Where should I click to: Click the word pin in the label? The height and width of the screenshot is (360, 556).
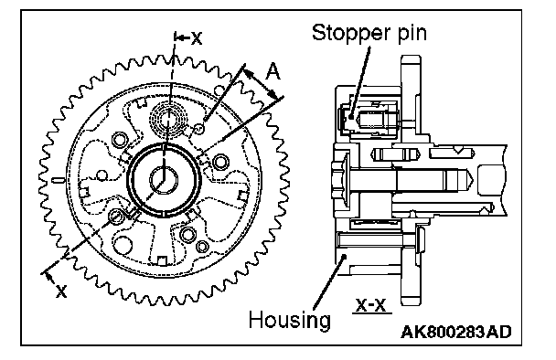tap(412, 33)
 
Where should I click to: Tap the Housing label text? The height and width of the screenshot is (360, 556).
tap(289, 320)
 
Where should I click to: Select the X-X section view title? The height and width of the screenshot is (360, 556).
tap(370, 305)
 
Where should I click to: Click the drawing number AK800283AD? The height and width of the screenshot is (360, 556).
tap(456, 332)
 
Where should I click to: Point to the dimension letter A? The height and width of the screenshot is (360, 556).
tap(273, 71)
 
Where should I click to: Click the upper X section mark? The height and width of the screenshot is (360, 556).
tap(197, 37)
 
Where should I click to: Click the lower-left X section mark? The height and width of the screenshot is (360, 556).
tap(61, 291)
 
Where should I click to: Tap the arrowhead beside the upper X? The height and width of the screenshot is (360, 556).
tap(181, 37)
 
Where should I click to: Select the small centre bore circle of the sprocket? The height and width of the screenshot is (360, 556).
tap(164, 180)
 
